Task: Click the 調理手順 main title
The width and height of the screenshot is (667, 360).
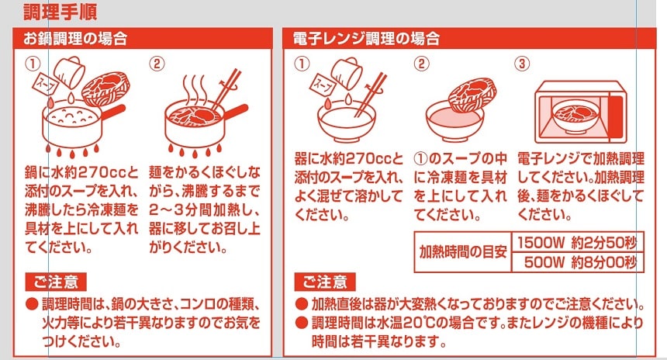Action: click(60, 12)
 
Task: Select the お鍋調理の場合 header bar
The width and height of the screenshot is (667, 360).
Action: click(143, 39)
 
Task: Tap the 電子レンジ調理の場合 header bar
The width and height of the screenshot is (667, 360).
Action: click(469, 39)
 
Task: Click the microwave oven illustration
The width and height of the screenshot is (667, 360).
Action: click(581, 112)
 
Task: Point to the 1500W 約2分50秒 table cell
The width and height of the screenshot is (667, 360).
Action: click(577, 243)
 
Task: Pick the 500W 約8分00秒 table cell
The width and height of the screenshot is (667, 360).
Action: click(577, 262)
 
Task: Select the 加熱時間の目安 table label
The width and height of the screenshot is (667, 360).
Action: click(462, 252)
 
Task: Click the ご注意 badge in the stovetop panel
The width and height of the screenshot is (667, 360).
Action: click(56, 282)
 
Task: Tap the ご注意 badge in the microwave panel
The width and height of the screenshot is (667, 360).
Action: click(325, 282)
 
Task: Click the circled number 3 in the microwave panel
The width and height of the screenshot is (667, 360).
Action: click(522, 64)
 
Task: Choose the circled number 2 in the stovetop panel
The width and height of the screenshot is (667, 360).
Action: click(156, 64)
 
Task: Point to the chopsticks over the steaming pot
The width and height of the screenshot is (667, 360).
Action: click(226, 88)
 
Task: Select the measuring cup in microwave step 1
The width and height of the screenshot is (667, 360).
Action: click(347, 73)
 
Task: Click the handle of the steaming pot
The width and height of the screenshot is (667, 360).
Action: click(235, 112)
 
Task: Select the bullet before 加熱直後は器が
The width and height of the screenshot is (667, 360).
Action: click(301, 304)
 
